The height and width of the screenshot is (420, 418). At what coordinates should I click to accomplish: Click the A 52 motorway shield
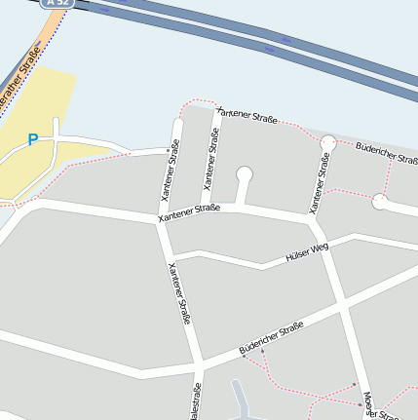coord(59,3)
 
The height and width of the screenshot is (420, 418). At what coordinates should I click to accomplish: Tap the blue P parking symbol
coord(32,140)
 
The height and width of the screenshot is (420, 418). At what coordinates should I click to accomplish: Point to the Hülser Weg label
coord(307,253)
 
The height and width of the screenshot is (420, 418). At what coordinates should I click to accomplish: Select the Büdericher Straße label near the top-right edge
coord(388,153)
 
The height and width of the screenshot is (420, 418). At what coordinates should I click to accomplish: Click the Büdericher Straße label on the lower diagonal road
coord(272,338)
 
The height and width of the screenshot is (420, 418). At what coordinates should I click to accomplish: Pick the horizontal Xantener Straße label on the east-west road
coord(189,212)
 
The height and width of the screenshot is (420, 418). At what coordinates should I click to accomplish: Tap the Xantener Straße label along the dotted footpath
coord(247,116)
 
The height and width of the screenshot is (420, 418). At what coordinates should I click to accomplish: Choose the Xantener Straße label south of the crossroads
coord(179,292)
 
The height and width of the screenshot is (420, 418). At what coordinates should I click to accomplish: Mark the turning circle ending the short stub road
coord(244,174)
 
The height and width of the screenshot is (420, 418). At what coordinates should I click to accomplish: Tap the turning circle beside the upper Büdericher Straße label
coord(327,143)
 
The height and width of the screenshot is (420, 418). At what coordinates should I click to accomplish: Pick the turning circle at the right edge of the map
coord(380,203)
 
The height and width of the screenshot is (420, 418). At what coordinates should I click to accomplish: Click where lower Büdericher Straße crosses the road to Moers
coord(343,310)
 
